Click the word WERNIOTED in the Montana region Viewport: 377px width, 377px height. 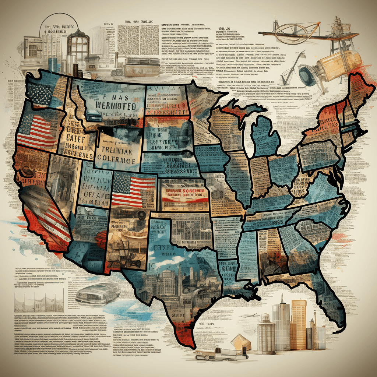click(115, 106)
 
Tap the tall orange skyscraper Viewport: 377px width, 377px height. click(298, 324)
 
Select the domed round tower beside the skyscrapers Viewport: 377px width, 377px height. click(266, 334)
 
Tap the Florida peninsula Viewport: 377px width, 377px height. click(331, 298)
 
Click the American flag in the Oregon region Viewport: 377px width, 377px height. click(35, 131)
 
